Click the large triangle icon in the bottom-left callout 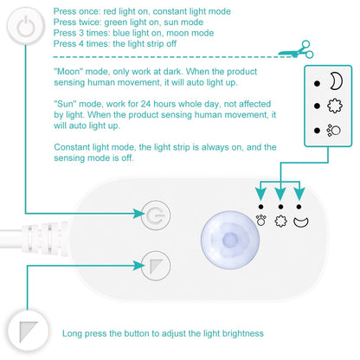click(25, 331)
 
